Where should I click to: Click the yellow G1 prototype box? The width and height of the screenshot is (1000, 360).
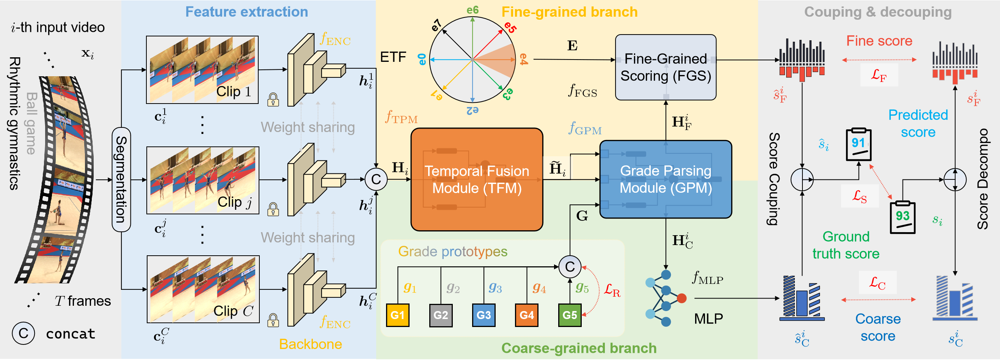tap(397, 315)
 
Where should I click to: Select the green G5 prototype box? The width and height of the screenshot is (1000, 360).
tap(570, 315)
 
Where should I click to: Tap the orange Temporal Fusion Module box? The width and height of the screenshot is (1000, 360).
tap(477, 179)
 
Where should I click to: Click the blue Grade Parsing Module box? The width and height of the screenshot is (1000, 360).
tap(666, 179)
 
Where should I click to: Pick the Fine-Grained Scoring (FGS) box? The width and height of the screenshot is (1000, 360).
tap(666, 67)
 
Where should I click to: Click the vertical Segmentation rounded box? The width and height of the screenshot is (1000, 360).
tap(121, 179)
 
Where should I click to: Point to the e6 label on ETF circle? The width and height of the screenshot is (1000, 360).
tap(473, 10)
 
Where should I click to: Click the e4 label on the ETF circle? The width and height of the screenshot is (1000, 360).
tap(524, 60)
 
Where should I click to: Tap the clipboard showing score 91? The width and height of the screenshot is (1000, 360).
tap(859, 145)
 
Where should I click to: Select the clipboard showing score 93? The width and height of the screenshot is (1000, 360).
tap(903, 217)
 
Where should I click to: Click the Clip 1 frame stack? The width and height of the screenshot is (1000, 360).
tap(202, 70)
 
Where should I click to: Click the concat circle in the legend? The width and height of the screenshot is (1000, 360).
tap(23, 333)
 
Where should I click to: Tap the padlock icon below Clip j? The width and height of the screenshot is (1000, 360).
tap(273, 209)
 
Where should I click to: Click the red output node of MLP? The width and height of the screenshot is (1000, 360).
tap(682, 298)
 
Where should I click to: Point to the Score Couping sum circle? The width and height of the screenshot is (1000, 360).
tap(802, 179)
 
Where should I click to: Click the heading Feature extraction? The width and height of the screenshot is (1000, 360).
tap(246, 12)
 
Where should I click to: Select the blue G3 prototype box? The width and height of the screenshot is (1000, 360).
tap(484, 315)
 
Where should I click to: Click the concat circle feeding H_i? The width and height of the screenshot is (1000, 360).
tap(376, 179)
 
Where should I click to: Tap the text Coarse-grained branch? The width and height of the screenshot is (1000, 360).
tap(579, 348)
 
